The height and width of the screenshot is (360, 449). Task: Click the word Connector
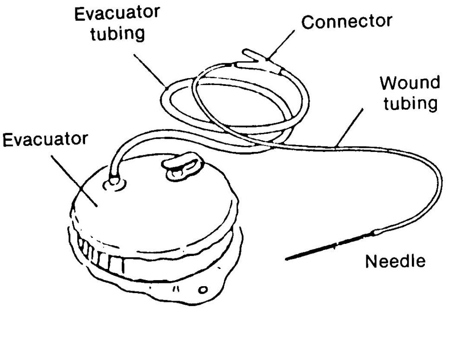347,21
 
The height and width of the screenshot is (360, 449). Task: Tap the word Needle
395,261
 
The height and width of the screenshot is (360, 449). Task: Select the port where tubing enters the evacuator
114,181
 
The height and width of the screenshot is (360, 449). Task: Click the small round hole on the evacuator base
203,291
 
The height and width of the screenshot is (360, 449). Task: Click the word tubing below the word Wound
409,103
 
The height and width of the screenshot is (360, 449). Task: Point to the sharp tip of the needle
287,259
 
